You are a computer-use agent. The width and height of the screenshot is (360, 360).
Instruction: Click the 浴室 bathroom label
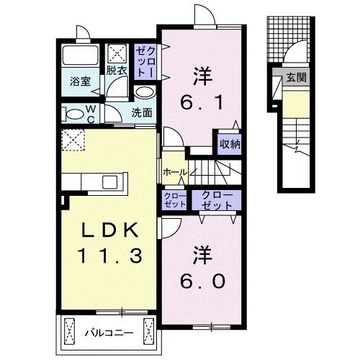tap(78, 82)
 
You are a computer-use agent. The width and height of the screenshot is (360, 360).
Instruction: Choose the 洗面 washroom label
tap(142, 113)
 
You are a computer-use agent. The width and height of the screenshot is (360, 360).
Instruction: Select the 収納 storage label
tap(230, 143)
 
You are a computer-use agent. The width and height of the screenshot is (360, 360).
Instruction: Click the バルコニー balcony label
tap(108, 333)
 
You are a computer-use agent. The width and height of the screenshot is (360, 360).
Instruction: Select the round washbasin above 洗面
tap(144, 93)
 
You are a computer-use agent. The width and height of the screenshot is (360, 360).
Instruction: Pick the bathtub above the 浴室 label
tap(78, 56)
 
